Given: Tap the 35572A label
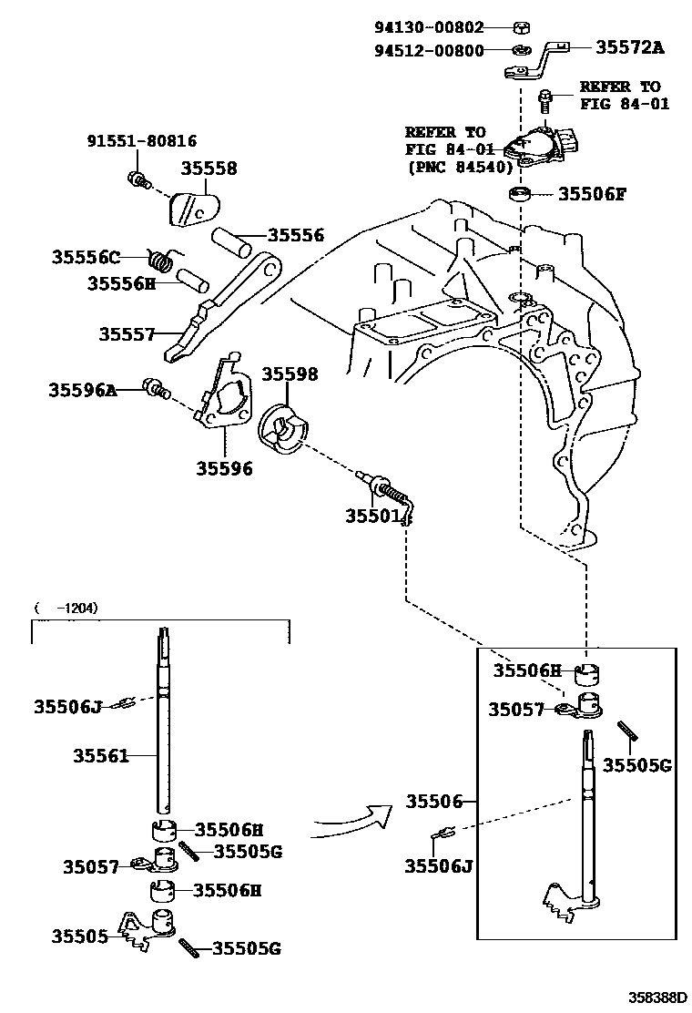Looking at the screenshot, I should (x=629, y=47).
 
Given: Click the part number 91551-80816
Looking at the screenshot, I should (x=141, y=141).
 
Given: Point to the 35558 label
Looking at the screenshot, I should (x=209, y=169).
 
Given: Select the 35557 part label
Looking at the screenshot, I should (x=127, y=334).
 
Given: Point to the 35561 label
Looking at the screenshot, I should (x=100, y=755).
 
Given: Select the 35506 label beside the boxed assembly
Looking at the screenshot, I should (x=433, y=801).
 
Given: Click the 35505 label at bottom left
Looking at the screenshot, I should (x=80, y=936).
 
